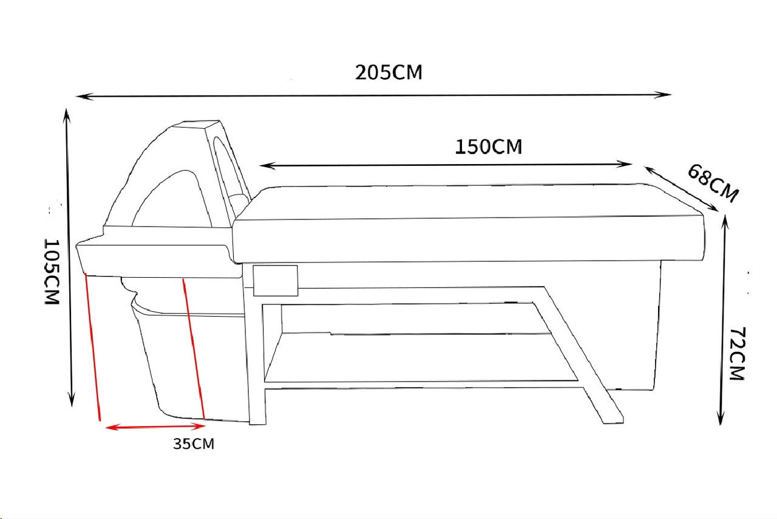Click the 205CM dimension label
pos(388,72)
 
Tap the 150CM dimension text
pos(488,146)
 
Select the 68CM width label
pos(713,183)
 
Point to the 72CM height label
pos(737,354)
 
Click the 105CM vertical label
pos(52,272)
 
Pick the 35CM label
pos(194,444)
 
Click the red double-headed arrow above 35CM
pos(155,427)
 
